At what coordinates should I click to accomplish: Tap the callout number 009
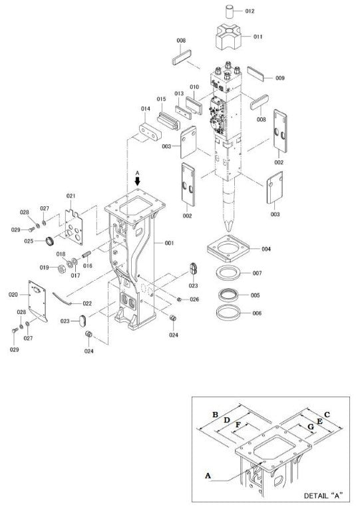[x=279, y=79]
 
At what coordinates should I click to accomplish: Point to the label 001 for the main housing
[x=169, y=244]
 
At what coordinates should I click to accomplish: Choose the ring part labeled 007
[x=230, y=273]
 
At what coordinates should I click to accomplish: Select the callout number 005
[x=255, y=295]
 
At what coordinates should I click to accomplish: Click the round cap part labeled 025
[x=49, y=240]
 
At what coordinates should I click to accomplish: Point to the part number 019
[x=43, y=267]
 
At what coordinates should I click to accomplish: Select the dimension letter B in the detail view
[x=215, y=415]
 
